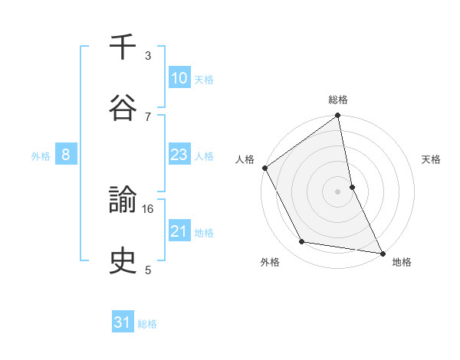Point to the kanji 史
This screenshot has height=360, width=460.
(123, 262)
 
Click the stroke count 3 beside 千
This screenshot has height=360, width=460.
(148, 56)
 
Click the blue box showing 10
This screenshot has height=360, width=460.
(179, 78)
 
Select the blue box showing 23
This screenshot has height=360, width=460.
(179, 155)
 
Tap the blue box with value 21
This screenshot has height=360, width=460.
(179, 231)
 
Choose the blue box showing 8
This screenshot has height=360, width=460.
(66, 155)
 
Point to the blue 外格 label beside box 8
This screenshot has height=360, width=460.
(41, 156)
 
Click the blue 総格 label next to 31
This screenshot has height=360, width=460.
(147, 324)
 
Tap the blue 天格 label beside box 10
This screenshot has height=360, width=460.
(203, 79)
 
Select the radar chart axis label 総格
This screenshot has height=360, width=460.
(338, 100)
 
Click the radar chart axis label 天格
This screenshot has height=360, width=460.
(432, 159)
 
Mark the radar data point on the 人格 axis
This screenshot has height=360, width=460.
(265, 168)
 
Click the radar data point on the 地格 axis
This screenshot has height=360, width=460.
(382, 252)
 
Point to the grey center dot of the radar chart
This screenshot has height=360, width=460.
(338, 191)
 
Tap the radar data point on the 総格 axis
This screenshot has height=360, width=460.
(338, 116)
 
